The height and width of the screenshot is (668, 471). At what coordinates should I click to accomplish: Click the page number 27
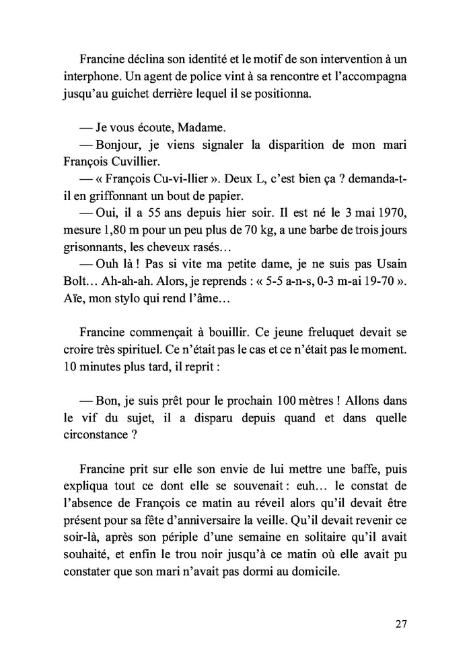(x=401, y=624)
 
